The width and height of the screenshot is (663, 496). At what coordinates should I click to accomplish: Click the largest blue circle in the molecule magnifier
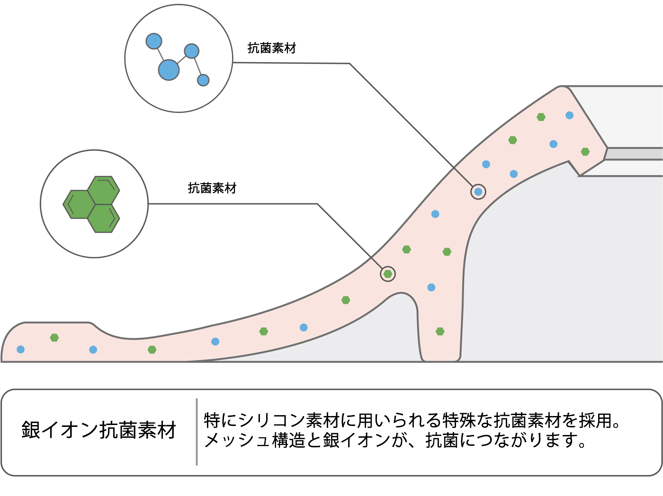(x=169, y=70)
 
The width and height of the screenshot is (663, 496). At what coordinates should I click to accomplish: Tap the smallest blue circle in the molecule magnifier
(x=203, y=80)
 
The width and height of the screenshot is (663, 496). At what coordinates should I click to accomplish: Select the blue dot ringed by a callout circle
(x=478, y=192)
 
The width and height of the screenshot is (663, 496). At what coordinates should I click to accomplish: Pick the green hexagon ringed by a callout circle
(x=388, y=274)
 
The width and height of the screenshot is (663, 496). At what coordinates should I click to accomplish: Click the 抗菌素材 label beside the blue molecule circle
(x=272, y=48)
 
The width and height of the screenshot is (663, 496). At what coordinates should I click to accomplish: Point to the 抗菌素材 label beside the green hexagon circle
(x=212, y=188)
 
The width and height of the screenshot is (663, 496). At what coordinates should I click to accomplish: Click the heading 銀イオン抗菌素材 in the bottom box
(x=99, y=430)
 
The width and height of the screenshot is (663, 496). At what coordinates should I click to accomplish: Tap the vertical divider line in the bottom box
(x=197, y=432)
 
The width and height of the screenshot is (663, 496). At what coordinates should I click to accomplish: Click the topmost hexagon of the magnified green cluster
(x=104, y=190)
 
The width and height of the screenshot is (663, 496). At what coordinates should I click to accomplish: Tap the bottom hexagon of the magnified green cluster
(x=104, y=219)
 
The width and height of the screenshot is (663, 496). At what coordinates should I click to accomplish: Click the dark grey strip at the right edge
(x=635, y=154)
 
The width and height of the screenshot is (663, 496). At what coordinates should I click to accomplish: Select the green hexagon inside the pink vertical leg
(x=440, y=331)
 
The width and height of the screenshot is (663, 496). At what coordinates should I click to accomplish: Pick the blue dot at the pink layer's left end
(x=20, y=349)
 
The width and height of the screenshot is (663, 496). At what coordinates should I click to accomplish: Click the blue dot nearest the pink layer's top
(x=570, y=115)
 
